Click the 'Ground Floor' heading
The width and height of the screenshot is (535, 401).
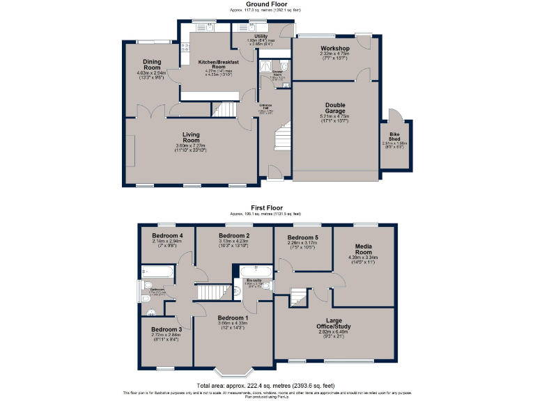tap(267, 4)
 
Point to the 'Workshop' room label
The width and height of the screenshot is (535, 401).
tap(334, 48)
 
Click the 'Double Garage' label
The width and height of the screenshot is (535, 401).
tap(334, 109)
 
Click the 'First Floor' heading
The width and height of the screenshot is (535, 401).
tap(267, 207)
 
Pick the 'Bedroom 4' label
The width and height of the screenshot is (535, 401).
tap(167, 236)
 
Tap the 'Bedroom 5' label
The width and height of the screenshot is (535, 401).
tap(303, 238)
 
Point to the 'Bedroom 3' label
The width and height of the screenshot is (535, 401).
tap(166, 329)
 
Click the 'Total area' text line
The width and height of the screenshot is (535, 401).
tap(267, 385)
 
